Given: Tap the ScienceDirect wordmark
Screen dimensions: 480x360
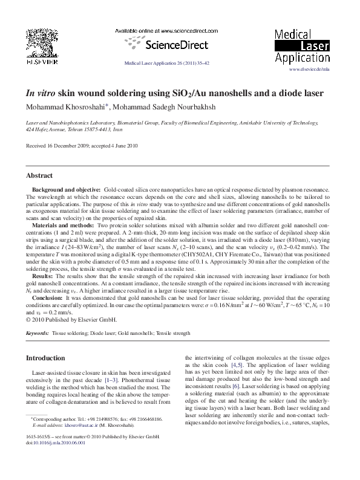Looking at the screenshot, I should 166,44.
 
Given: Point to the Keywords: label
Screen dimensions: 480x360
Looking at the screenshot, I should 37,333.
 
